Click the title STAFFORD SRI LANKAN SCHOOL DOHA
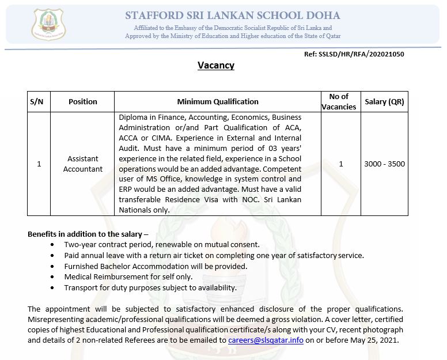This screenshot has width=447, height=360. [x=232, y=16]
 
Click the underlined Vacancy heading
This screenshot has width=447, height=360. [x=216, y=65]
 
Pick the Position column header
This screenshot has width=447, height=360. [x=83, y=101]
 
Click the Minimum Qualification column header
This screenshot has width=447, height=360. [x=218, y=101]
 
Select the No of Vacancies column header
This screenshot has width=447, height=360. [x=339, y=101]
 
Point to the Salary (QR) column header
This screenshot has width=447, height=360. [x=385, y=101]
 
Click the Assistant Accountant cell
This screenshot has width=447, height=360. [x=83, y=164]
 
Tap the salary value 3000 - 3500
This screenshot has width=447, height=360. [x=385, y=164]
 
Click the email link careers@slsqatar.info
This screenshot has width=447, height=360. [x=266, y=340]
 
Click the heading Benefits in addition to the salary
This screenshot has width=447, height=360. [x=88, y=234]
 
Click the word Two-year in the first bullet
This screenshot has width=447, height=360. [x=80, y=244]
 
